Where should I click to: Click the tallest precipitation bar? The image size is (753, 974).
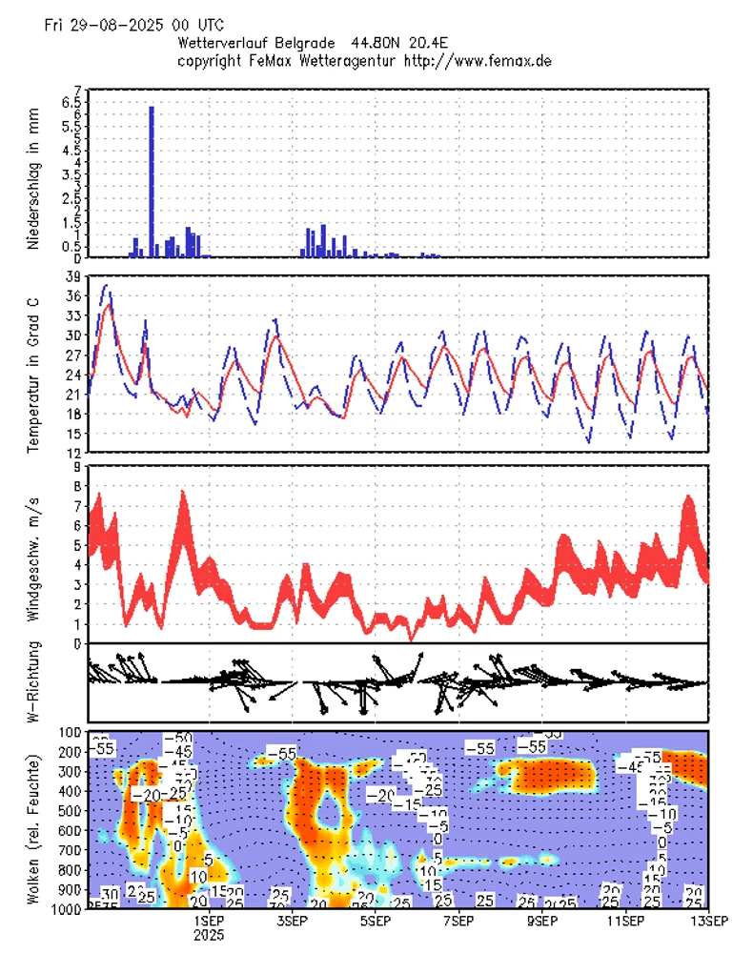tap(152, 181)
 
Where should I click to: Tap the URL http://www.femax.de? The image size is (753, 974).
tap(478, 60)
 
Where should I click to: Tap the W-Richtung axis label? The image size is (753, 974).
tap(32, 684)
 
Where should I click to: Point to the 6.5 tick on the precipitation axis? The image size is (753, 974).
tap(70, 102)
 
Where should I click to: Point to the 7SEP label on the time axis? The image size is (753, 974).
tap(458, 921)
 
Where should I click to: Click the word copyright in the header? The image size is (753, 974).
tap(212, 60)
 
